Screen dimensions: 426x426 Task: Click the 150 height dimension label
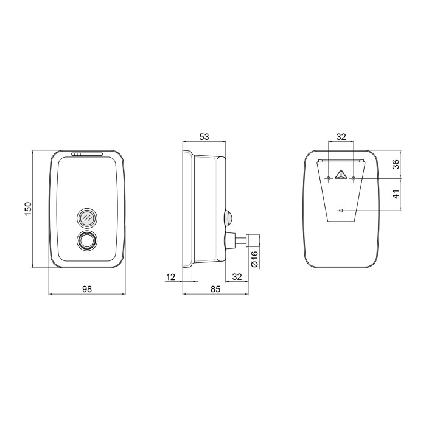pyautogui.click(x=28, y=208)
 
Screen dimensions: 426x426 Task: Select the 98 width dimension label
pyautogui.click(x=87, y=289)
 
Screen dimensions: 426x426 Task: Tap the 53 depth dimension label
pyautogui.click(x=204, y=137)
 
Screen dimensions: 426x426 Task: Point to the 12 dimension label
pyautogui.click(x=170, y=277)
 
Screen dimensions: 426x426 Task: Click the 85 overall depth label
pyautogui.click(x=215, y=289)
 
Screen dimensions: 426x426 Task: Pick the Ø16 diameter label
pyautogui.click(x=254, y=259)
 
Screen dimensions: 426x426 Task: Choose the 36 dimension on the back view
pyautogui.click(x=397, y=164)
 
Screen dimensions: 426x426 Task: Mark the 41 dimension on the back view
pyautogui.click(x=397, y=194)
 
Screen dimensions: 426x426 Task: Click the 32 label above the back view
pyautogui.click(x=341, y=137)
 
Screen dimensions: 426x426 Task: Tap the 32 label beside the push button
pyautogui.click(x=237, y=277)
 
